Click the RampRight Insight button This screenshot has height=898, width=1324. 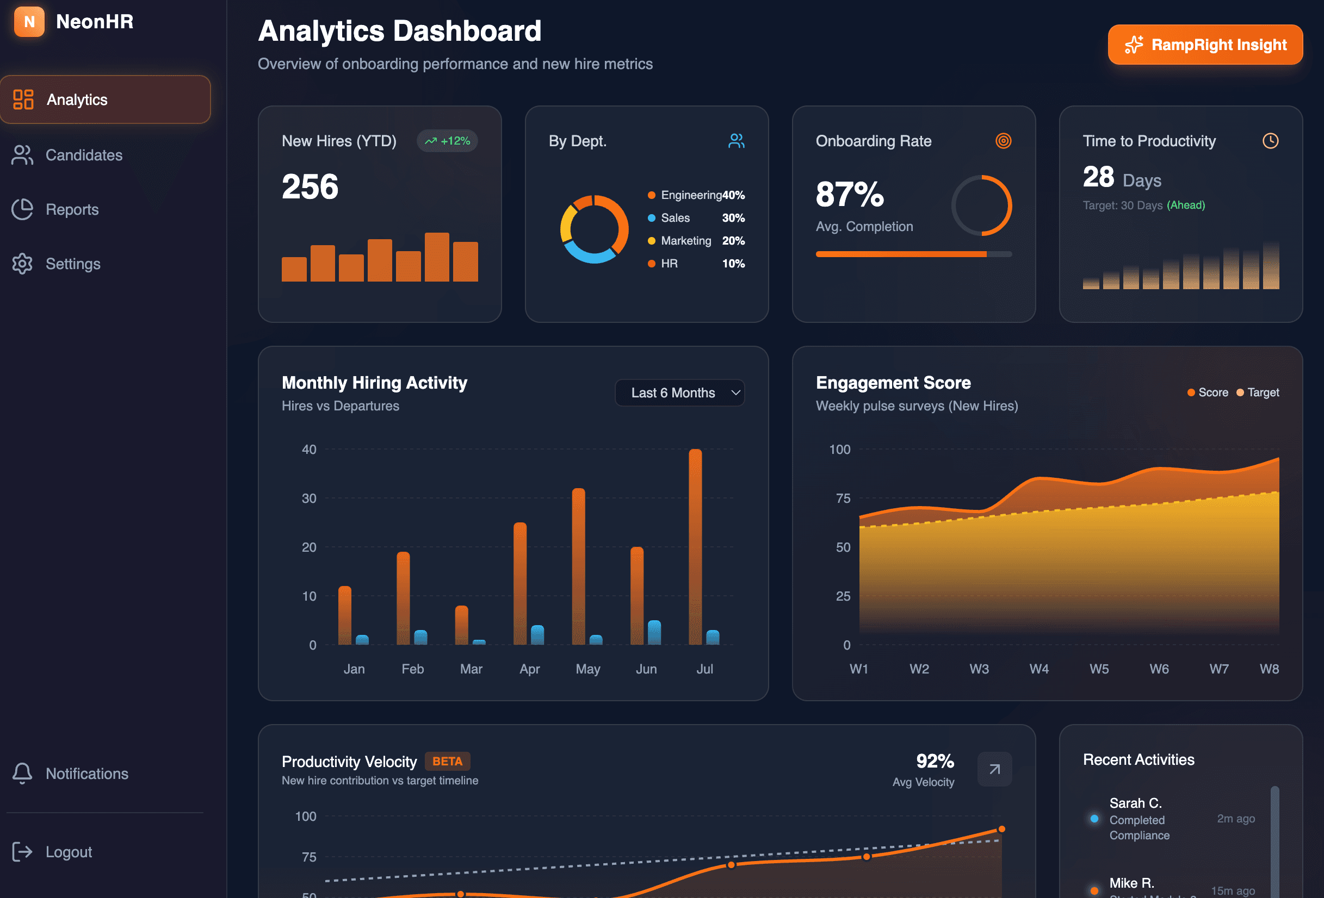pyautogui.click(x=1205, y=45)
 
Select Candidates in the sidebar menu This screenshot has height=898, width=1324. pyautogui.click(x=84, y=155)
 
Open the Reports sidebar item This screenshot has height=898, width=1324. pyautogui.click(x=72, y=210)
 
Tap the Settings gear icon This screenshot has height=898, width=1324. pyautogui.click(x=22, y=264)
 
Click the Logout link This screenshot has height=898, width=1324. pyautogui.click(x=69, y=852)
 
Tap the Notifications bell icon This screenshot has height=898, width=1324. pyautogui.click(x=22, y=774)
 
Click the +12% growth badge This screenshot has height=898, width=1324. pyautogui.click(x=447, y=141)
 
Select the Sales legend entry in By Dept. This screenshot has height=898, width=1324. pyautogui.click(x=675, y=218)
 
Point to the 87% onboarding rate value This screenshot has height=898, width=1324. pyautogui.click(x=850, y=194)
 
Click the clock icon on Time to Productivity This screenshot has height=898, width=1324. pyautogui.click(x=1270, y=141)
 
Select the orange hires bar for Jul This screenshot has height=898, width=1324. pyautogui.click(x=695, y=547)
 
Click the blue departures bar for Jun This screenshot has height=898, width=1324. pyautogui.click(x=654, y=633)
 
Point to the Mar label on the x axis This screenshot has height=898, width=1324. pyautogui.click(x=471, y=669)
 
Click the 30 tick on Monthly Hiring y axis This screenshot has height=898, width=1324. pyautogui.click(x=309, y=498)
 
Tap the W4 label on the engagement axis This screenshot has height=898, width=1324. pyautogui.click(x=1039, y=669)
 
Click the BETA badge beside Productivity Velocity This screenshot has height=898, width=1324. pyautogui.click(x=447, y=762)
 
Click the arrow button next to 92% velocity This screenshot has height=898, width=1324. pyautogui.click(x=994, y=769)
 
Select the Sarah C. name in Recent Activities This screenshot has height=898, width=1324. pyautogui.click(x=1135, y=803)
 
